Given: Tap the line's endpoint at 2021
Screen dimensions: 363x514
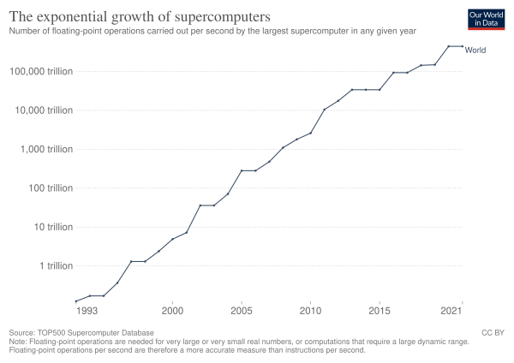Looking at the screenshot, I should coord(463,45).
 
